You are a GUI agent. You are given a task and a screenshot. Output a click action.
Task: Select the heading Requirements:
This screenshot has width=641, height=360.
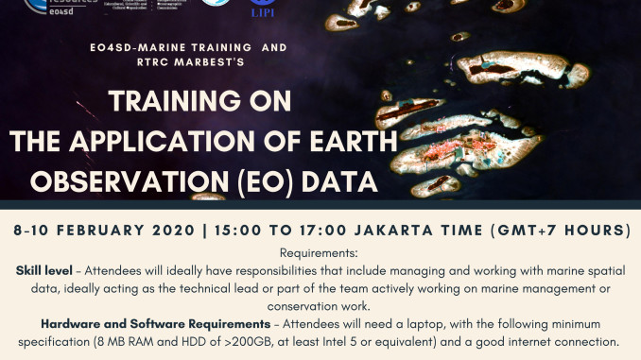click(320, 253)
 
